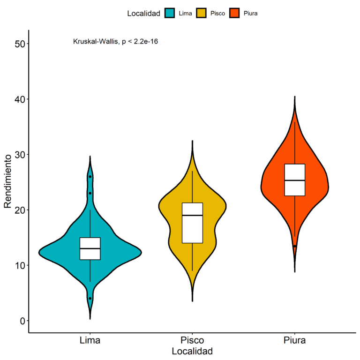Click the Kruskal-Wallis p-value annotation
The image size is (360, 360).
[x=115, y=41]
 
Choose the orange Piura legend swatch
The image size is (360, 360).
[x=235, y=14]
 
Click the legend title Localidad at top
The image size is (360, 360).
[x=144, y=14]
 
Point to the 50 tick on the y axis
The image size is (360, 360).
[x=20, y=44]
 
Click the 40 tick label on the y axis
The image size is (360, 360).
[x=20, y=99]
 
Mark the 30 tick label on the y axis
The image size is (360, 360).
[x=20, y=154]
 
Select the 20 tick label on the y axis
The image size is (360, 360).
[x=20, y=210]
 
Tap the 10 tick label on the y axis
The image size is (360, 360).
[x=20, y=265]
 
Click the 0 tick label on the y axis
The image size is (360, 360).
[x=22, y=321]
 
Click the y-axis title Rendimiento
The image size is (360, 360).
[x=7, y=182]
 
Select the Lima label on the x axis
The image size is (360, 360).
[x=90, y=339]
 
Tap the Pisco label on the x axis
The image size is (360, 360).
[x=192, y=339]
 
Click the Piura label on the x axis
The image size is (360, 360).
[x=295, y=339]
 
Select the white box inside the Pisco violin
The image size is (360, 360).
[x=192, y=223]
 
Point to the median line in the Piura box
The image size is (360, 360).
[x=295, y=180]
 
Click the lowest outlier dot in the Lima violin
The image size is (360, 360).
[x=90, y=298]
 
